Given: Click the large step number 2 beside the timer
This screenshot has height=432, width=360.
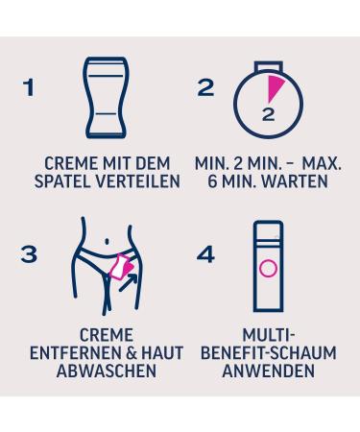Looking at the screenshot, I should (x=204, y=89).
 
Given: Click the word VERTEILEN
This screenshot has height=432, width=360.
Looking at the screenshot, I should (x=142, y=180).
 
